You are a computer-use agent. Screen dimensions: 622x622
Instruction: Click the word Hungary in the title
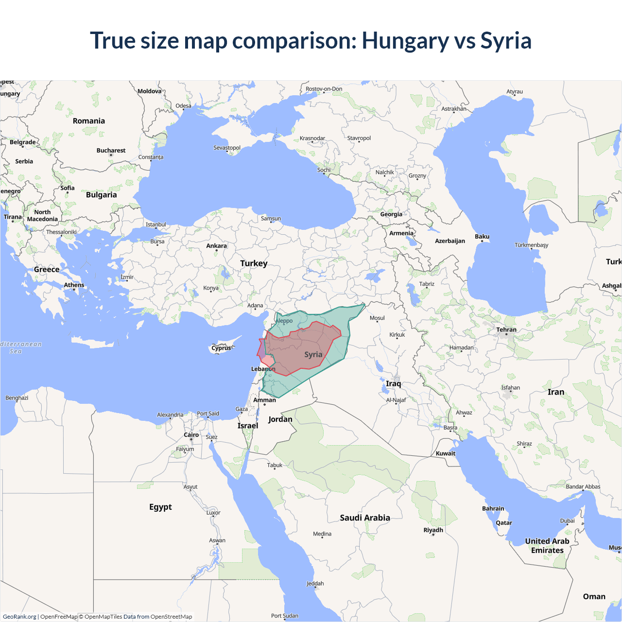[x=405, y=41]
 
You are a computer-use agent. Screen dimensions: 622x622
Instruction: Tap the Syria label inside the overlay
[x=313, y=355]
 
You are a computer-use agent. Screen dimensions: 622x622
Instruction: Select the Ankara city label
[x=216, y=246]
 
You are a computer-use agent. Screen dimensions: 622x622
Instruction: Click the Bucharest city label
[x=111, y=151]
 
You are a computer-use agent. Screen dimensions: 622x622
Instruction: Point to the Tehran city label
[x=506, y=330]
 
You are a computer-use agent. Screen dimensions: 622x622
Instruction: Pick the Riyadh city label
[x=433, y=530]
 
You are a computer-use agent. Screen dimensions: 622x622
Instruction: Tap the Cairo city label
[x=191, y=435]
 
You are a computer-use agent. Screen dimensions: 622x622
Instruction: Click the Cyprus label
[x=222, y=348]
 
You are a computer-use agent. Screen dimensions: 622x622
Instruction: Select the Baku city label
[x=482, y=237]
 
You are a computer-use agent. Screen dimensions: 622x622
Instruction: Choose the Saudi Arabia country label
[x=365, y=518]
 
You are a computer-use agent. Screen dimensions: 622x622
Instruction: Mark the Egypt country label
[x=160, y=507]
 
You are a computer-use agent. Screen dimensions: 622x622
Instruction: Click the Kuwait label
[x=446, y=453]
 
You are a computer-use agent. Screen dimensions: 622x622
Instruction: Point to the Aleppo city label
[x=284, y=321]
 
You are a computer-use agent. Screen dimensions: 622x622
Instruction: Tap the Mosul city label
[x=377, y=318]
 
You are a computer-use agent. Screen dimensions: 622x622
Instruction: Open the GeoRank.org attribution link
[x=19, y=617]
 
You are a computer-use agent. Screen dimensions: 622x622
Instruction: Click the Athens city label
[x=74, y=285]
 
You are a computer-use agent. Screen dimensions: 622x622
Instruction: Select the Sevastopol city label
[x=227, y=148]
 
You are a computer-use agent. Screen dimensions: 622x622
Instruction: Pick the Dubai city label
[x=567, y=521]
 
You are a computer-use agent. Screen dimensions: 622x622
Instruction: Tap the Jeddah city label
[x=315, y=584]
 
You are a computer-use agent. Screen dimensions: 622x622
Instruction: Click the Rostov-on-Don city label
[x=324, y=89]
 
